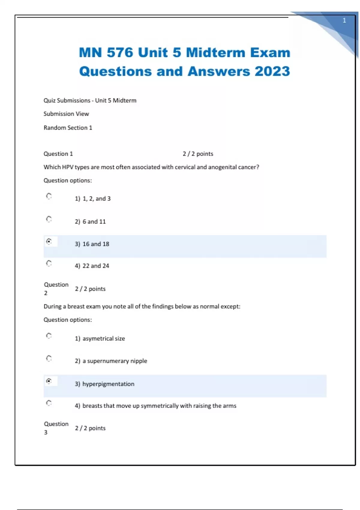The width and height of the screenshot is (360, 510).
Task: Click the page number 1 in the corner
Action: point(344,20)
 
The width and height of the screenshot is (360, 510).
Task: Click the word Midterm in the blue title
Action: point(216,52)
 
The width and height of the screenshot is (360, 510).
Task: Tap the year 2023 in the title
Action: point(272,71)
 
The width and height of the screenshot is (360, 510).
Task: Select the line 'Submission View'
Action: point(66,114)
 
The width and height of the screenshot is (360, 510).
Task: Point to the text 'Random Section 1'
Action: point(68,127)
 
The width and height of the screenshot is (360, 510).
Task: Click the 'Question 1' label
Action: point(58,154)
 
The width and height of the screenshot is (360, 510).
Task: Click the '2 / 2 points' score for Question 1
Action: point(198,154)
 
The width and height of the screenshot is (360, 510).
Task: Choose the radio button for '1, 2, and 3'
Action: point(49,196)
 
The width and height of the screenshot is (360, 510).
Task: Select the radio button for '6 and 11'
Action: point(49,219)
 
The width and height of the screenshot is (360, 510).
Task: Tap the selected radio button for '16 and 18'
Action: point(49,241)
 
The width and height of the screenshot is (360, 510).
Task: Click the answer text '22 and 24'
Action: point(96,266)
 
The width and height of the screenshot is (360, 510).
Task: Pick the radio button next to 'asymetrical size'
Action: point(49,336)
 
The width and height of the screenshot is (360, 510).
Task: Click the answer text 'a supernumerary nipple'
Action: point(115,361)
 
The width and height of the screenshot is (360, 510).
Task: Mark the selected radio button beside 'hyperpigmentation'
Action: point(49,381)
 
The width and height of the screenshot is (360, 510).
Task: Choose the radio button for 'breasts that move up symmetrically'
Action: point(49,403)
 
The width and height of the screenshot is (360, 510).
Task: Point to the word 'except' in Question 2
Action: point(230,306)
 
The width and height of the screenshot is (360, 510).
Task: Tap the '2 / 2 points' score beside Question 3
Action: point(90,428)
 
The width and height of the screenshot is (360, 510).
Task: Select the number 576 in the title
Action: point(120,52)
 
